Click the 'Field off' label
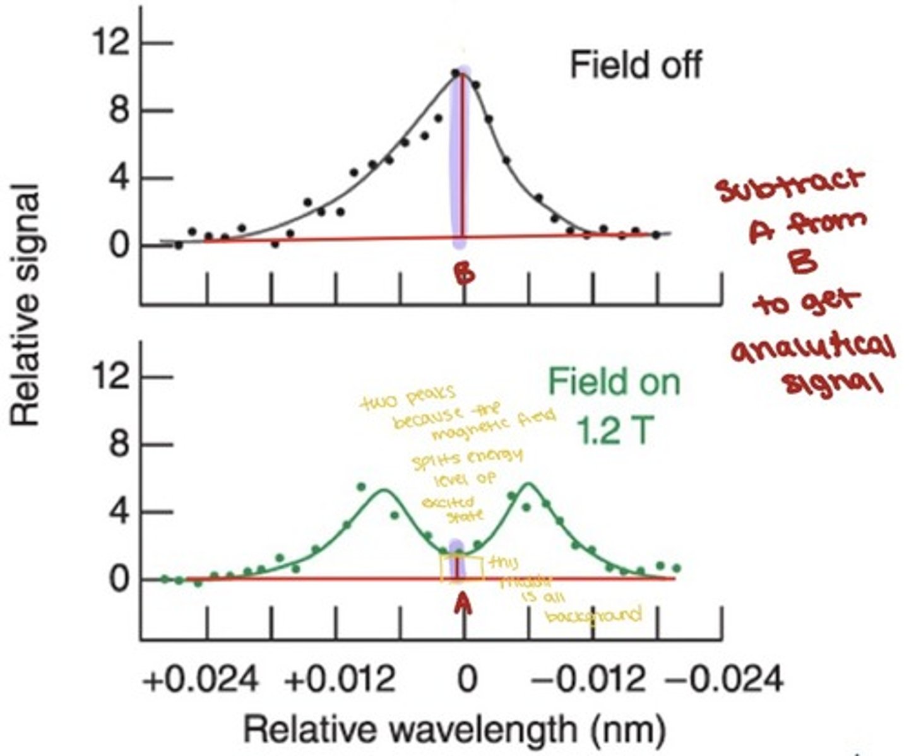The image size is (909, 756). (635, 65)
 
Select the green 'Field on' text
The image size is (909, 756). (614, 382)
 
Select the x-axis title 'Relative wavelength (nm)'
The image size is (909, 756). (454, 730)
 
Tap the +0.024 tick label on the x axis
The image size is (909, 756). (200, 681)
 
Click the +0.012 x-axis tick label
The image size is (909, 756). (339, 681)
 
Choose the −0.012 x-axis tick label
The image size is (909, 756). (588, 681)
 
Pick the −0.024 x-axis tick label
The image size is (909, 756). (724, 681)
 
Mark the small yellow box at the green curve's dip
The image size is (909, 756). (462, 568)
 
